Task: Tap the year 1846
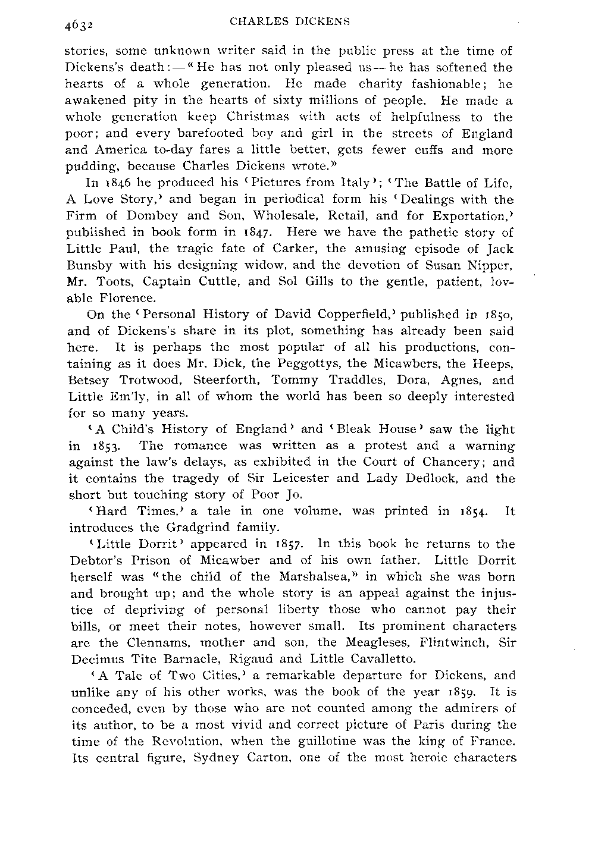pyautogui.click(x=120, y=183)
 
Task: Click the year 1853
pyautogui.click(x=115, y=446)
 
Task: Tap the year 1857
pyautogui.click(x=291, y=544)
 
